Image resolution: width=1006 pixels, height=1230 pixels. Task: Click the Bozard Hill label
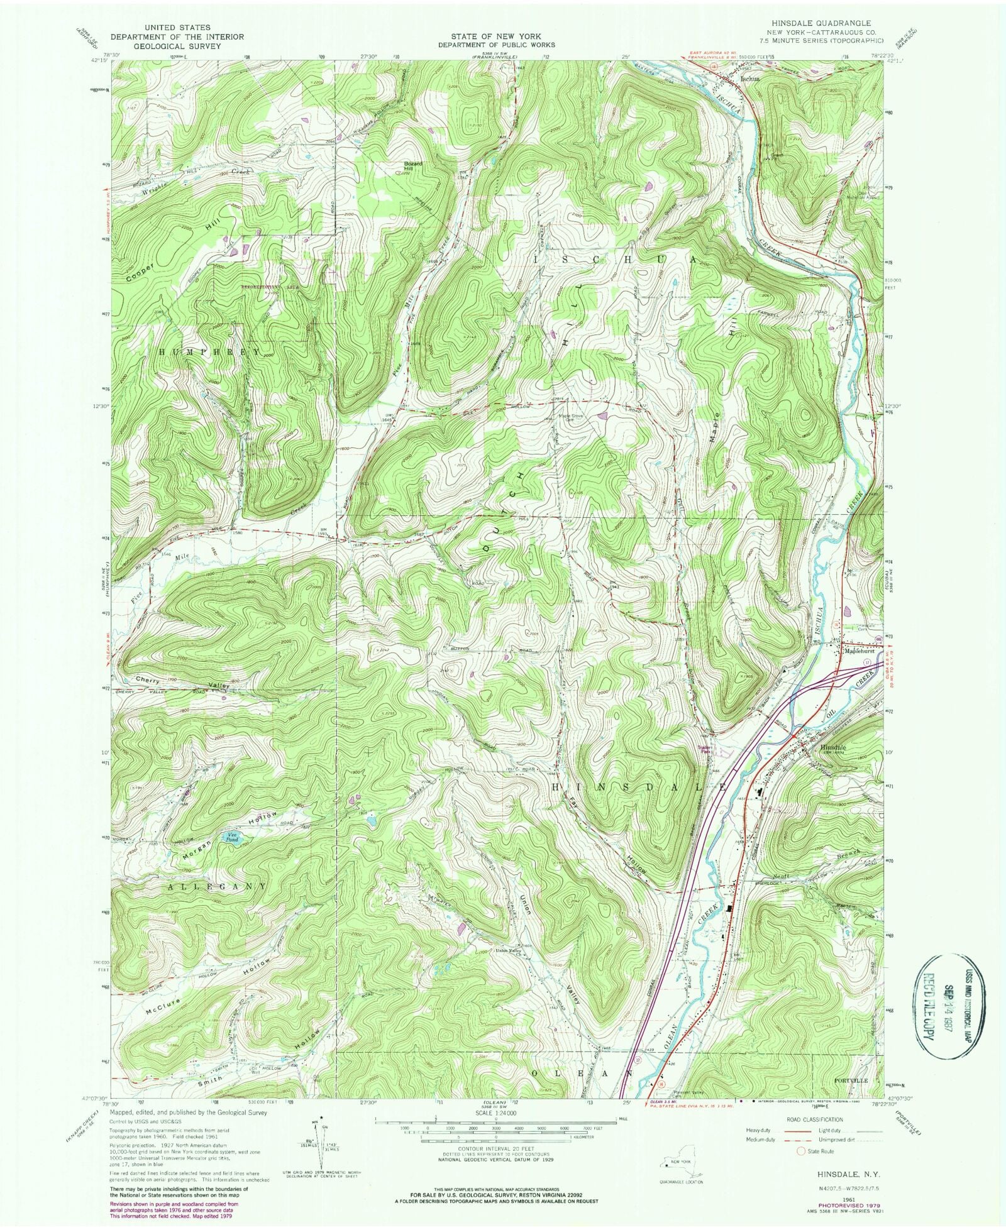(x=412, y=166)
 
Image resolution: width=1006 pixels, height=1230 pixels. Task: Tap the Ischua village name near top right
(x=750, y=79)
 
